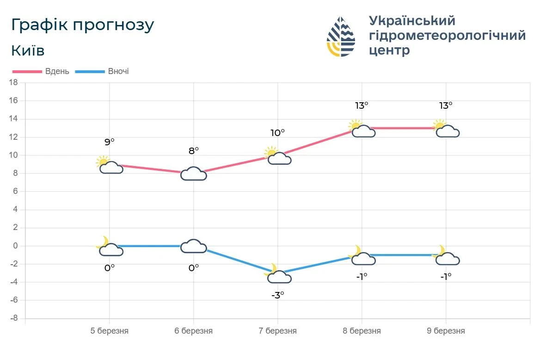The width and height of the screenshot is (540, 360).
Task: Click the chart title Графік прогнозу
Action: point(82,25)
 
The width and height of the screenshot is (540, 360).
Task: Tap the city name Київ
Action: point(28,50)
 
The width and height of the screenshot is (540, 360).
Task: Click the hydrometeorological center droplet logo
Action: point(341,37)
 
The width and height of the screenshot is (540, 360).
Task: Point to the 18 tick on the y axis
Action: point(13,83)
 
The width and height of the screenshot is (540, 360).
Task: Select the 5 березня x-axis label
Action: point(110,331)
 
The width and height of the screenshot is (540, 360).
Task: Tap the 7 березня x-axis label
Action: point(278,331)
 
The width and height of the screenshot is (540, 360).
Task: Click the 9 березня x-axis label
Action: point(446,331)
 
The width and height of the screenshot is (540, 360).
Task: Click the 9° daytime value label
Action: point(110,143)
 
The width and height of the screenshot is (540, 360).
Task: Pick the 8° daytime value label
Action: point(194,150)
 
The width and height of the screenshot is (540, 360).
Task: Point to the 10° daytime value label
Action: point(278,133)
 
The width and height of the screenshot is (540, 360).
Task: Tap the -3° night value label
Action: point(278,295)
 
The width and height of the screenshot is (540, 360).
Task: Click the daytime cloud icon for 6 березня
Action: point(194,174)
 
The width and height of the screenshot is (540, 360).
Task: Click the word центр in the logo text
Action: point(389,50)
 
